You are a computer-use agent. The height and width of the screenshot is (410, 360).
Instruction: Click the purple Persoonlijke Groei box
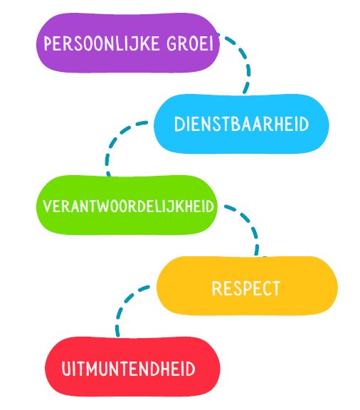pos(127,43)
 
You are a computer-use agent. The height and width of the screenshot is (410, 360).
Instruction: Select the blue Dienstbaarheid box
pos(241,124)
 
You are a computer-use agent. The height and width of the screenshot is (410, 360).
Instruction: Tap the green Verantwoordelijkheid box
pos(127,205)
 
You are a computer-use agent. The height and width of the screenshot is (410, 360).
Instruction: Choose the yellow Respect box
pos(247,285)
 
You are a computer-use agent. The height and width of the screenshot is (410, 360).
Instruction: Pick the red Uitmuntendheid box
pos(132,366)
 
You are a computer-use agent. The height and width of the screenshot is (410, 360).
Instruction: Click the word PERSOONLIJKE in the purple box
pos(102,43)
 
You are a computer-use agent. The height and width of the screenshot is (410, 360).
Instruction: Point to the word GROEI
pos(190,43)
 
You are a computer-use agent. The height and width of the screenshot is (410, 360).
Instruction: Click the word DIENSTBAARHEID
pos(241,124)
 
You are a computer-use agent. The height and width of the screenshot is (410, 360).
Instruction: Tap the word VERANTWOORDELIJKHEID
pos(128,206)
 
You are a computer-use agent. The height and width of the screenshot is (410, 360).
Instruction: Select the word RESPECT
pos(246,288)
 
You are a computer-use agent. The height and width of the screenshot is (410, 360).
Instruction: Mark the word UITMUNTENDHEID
pos(128,369)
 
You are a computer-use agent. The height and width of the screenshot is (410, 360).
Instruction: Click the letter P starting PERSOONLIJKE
pos(48,43)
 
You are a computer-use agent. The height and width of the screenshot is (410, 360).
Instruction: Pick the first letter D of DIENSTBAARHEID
pos(179,124)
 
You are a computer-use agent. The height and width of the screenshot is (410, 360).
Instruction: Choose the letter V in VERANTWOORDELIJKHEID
pos(48,206)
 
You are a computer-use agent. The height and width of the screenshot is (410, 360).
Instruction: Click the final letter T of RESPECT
pos(275,288)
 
